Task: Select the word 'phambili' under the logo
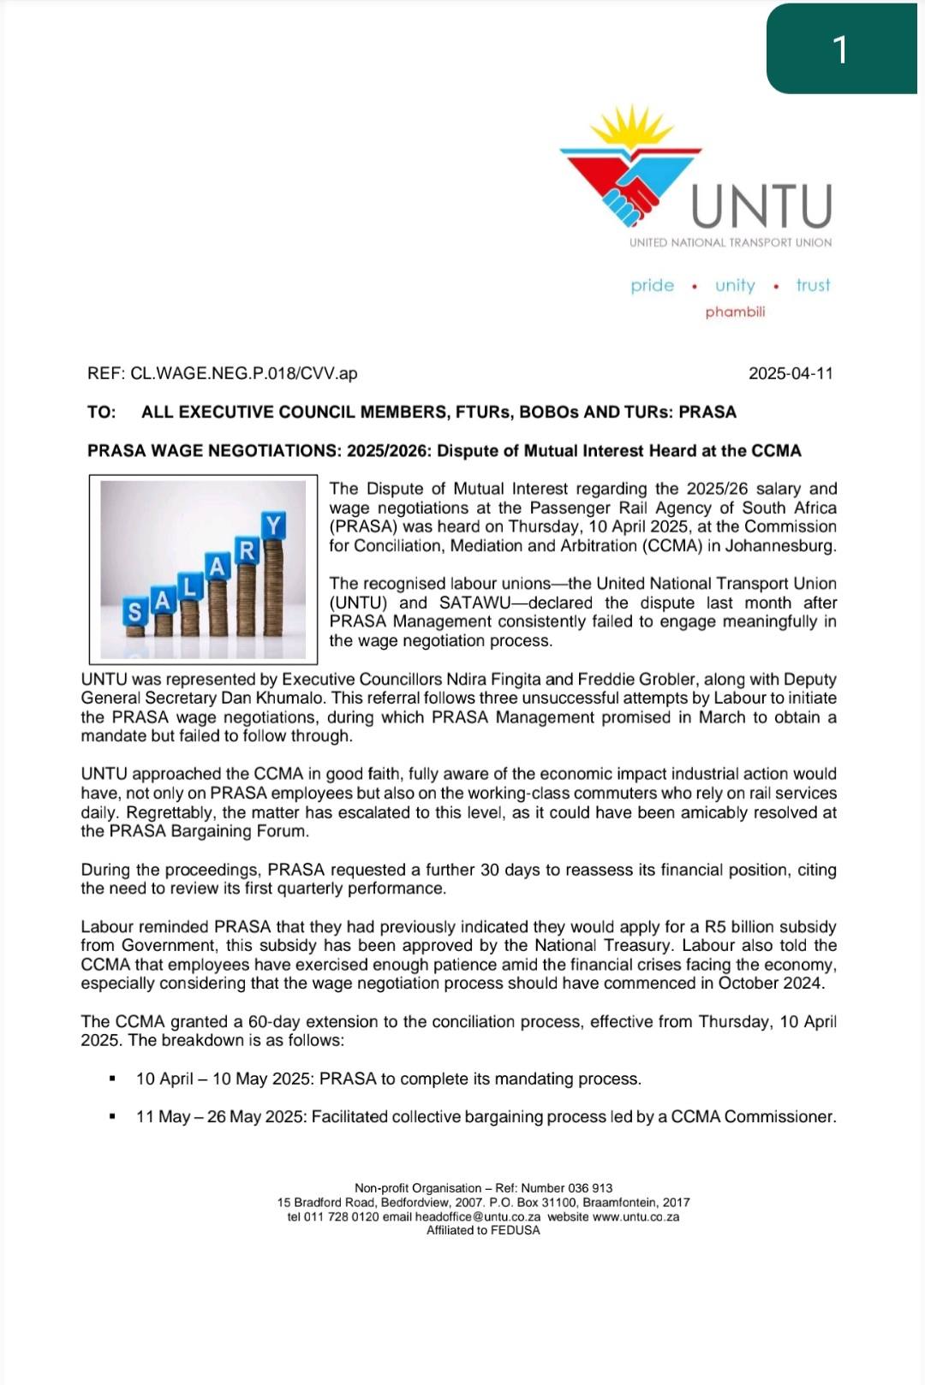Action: [735, 312]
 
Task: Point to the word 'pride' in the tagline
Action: [653, 285]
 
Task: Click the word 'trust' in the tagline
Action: [813, 285]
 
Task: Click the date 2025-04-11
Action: [791, 373]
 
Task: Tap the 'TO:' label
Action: [101, 412]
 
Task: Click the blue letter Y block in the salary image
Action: [273, 525]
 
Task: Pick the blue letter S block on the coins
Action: [134, 611]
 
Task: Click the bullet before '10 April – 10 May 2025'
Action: [111, 1079]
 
